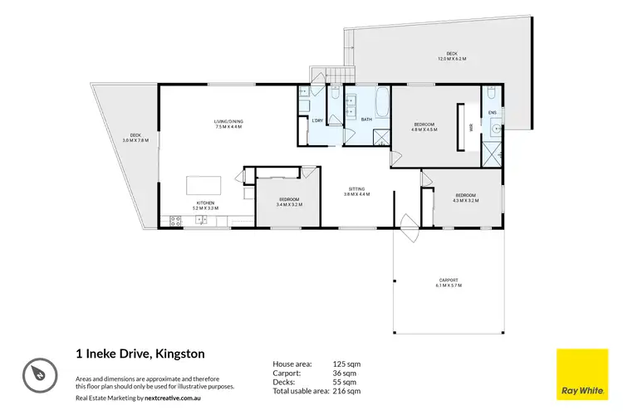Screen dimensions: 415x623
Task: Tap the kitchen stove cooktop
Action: tap(176, 220)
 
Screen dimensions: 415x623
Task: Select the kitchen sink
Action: tap(201, 220)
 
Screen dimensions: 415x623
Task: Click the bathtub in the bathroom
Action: tap(381, 105)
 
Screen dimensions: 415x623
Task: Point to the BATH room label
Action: tap(366, 120)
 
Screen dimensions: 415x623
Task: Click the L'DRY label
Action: tap(317, 121)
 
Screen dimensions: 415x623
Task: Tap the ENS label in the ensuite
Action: tap(492, 112)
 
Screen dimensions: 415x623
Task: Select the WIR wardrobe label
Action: tap(471, 128)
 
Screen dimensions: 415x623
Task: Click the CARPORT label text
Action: tap(449, 280)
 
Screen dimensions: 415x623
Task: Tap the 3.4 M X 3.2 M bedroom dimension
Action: tap(290, 204)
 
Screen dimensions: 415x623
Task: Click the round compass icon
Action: tap(38, 372)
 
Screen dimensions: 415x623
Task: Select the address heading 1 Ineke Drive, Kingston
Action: tap(135, 354)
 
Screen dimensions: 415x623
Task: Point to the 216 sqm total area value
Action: tap(348, 390)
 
